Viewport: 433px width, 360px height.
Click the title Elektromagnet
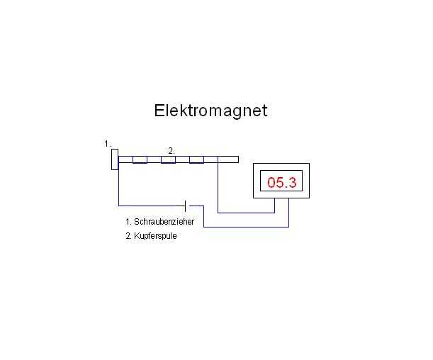pos(210,111)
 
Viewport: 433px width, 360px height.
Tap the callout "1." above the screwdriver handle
pos(108,144)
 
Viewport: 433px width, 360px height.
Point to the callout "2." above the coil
pos(171,150)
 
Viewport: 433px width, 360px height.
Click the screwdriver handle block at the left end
pos(114,160)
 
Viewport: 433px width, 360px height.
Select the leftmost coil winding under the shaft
pos(140,160)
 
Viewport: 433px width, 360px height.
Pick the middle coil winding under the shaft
pos(168,160)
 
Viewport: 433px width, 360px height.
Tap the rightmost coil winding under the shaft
pos(196,160)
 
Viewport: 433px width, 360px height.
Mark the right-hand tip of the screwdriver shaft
pos(237,159)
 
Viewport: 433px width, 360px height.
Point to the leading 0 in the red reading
pos(271,183)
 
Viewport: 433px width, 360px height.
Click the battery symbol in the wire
pos(185,206)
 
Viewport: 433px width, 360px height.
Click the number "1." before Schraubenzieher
pos(128,222)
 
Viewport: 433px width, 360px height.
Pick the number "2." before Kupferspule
pos(128,236)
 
